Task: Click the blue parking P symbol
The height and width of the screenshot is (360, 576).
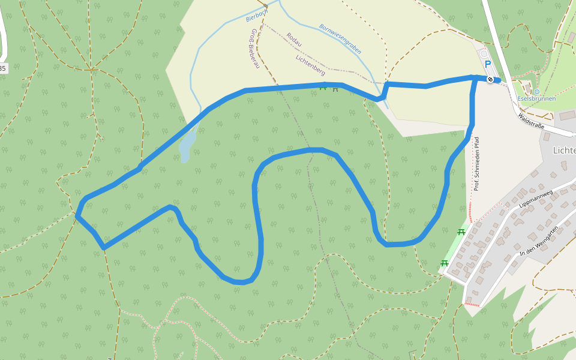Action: [487, 64]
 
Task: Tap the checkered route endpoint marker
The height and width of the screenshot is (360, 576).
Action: [491, 80]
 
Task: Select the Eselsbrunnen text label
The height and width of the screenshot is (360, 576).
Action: [536, 98]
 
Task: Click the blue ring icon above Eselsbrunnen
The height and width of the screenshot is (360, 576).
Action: [536, 92]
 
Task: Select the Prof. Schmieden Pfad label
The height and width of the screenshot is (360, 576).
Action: [476, 164]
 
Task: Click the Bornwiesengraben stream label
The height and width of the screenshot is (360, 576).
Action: [340, 39]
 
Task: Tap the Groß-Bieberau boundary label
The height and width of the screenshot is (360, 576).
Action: [254, 48]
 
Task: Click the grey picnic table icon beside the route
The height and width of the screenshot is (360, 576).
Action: [335, 89]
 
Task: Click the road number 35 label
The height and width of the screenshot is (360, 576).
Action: [2, 69]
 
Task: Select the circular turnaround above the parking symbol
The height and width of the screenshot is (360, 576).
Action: [485, 54]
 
